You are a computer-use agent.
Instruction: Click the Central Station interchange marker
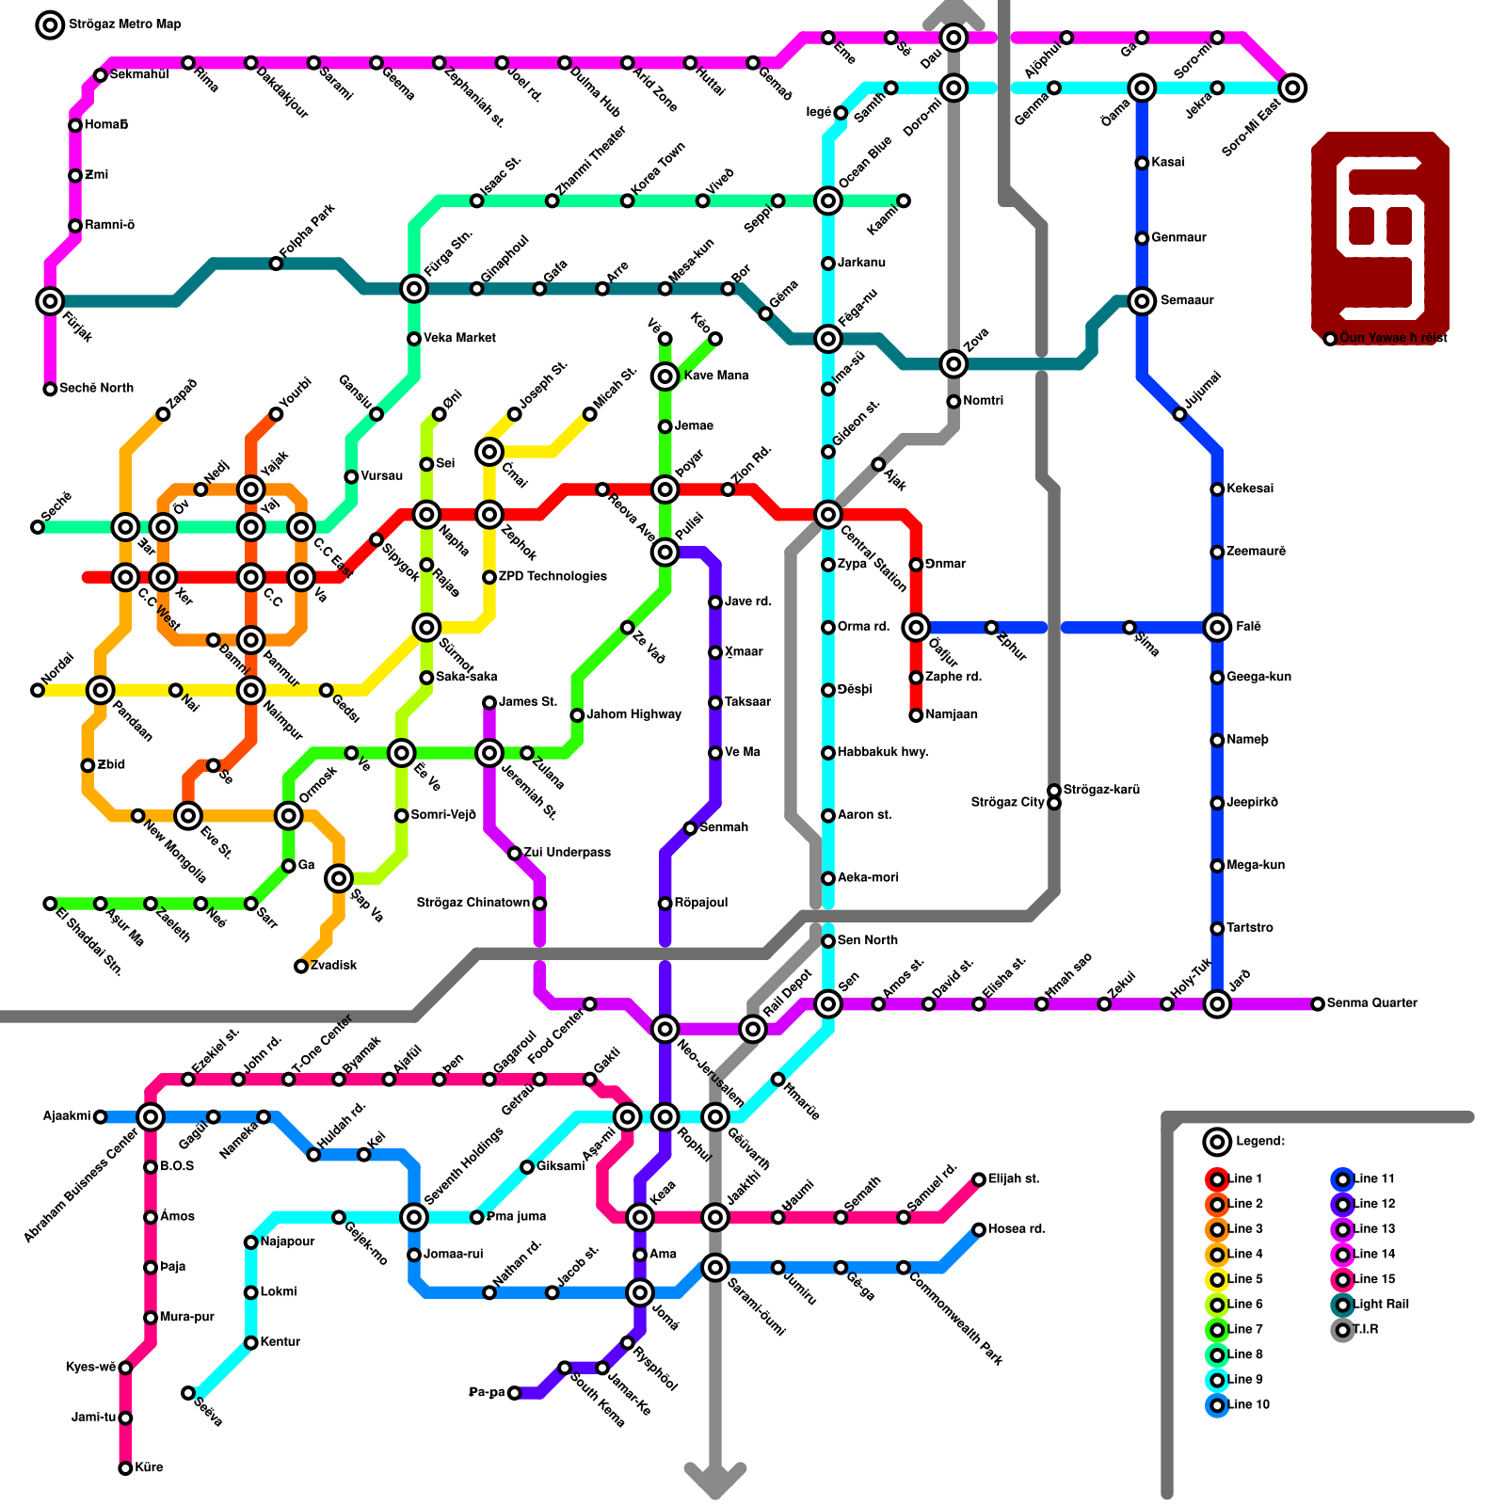point(828,514)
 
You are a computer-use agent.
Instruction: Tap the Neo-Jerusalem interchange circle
point(665,1029)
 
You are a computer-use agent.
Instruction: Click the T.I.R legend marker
point(1343,1330)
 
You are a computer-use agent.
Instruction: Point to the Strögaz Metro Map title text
point(124,24)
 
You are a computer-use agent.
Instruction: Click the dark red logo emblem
point(1380,237)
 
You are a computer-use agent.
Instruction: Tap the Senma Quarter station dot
point(1318,1004)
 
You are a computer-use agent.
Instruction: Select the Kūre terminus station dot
point(125,1468)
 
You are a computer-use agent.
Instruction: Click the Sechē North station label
point(96,388)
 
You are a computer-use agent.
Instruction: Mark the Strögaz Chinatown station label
point(473,904)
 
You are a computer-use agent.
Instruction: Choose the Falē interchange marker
point(1217,627)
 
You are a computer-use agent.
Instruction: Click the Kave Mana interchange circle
point(665,376)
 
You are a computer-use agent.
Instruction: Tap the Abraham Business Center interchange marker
point(151,1117)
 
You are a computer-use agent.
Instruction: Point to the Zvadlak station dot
point(301,967)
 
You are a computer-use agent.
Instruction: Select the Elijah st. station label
point(1014,1178)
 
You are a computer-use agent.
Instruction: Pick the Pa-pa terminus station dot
point(514,1393)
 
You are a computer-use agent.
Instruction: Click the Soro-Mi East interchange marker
point(1293,88)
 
